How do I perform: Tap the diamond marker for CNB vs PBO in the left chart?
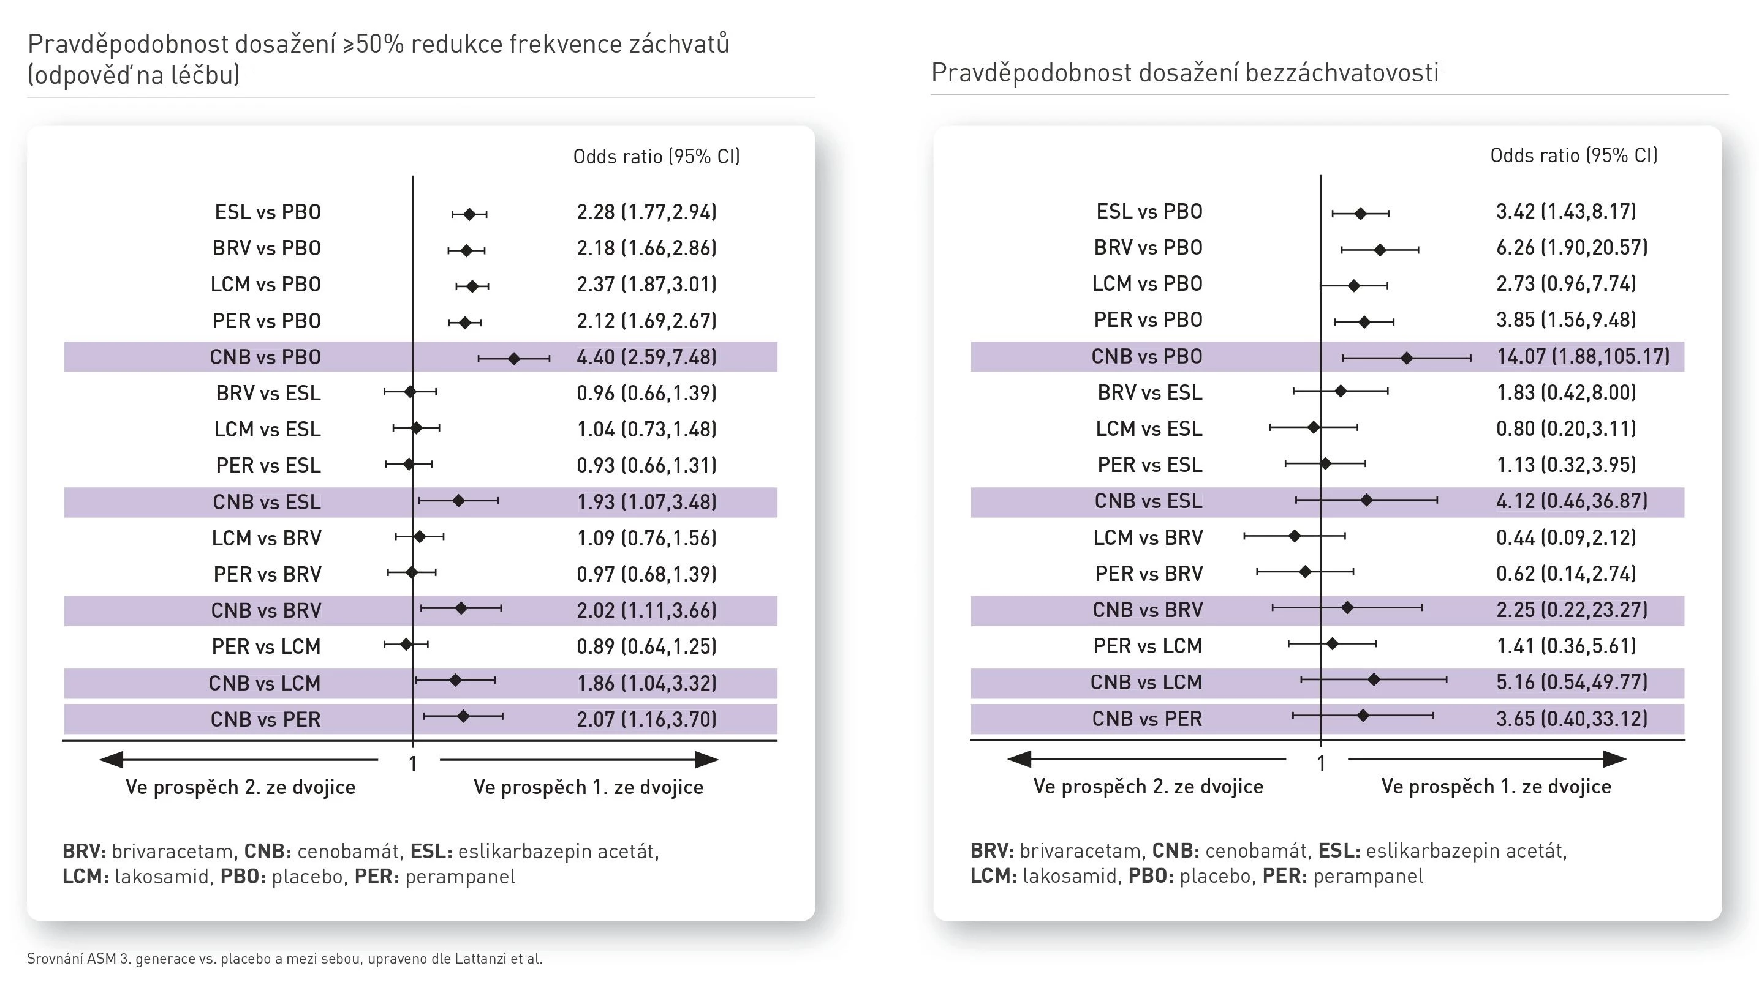(513, 358)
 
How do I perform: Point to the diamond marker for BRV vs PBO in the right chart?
(1380, 250)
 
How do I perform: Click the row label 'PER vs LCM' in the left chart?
(267, 646)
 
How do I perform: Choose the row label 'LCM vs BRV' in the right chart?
(1148, 537)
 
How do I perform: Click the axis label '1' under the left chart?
(413, 764)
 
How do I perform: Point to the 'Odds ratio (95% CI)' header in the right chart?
(1573, 155)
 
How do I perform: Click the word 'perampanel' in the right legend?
(1368, 876)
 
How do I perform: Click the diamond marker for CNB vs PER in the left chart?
(464, 716)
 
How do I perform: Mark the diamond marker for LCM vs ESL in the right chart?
(1314, 427)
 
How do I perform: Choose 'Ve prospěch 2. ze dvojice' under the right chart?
(1148, 787)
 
